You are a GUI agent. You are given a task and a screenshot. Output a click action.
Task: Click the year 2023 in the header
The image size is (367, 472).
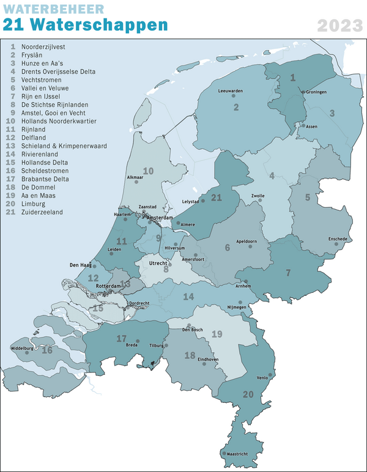point(339,25)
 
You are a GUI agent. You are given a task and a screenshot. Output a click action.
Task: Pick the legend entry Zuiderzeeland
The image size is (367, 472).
point(42,212)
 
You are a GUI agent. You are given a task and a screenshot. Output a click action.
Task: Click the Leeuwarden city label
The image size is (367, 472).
point(231,90)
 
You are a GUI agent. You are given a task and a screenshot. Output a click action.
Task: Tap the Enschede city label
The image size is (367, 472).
point(338,238)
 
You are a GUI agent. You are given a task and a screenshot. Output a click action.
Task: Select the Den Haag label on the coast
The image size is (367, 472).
point(80,266)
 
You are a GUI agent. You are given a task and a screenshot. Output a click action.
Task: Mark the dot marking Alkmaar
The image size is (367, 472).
point(136,182)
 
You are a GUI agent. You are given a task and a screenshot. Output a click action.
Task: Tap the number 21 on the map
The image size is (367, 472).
point(217,197)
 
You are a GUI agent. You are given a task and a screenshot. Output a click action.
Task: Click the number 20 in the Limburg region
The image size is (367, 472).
point(248,395)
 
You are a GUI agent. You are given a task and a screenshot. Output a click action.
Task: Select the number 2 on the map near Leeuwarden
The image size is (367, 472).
point(235,108)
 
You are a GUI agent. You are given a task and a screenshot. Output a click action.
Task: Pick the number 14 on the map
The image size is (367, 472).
point(189,297)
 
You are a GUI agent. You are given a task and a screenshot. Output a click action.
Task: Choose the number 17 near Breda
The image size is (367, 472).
point(121,338)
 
